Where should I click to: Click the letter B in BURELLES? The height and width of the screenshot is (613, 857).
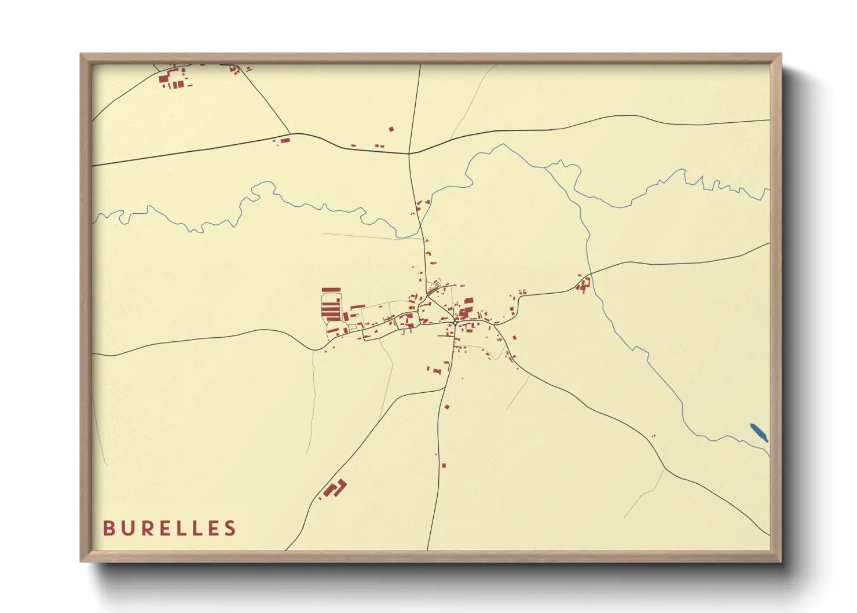pyautogui.click(x=108, y=528)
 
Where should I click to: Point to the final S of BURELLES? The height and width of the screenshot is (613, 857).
pyautogui.click(x=231, y=528)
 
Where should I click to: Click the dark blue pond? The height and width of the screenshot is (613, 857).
pyautogui.click(x=759, y=432)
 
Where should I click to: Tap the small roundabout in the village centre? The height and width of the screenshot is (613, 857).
pyautogui.click(x=456, y=323)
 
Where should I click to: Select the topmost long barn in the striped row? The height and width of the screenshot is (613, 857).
pyautogui.click(x=331, y=290)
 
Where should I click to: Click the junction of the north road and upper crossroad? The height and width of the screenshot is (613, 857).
pyautogui.click(x=409, y=154)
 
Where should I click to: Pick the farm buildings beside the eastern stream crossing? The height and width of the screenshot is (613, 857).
pyautogui.click(x=584, y=284)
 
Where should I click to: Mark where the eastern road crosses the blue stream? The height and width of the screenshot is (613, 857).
pyautogui.click(x=589, y=275)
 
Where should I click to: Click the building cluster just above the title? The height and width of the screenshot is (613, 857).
pyautogui.click(x=334, y=489)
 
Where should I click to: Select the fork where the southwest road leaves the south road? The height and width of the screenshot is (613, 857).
pyautogui.click(x=444, y=389)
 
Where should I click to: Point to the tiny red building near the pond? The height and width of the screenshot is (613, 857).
pyautogui.click(x=653, y=436)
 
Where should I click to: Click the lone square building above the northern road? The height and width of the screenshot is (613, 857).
pyautogui.click(x=391, y=129)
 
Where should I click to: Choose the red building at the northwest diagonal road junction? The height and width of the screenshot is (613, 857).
pyautogui.click(x=284, y=140)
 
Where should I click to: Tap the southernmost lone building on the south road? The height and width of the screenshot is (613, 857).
pyautogui.click(x=444, y=465)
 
